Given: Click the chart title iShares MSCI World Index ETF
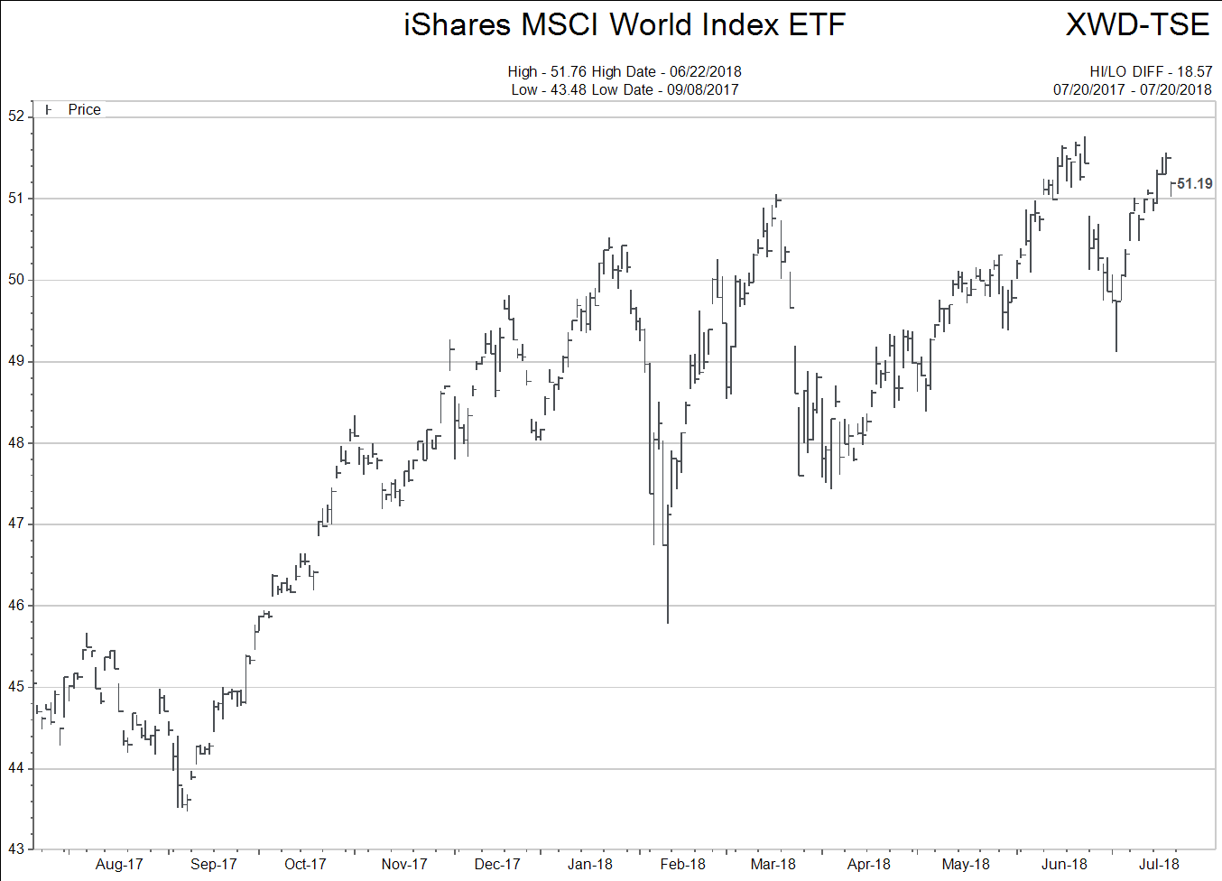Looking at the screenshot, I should coord(624,24).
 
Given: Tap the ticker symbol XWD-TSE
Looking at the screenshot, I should coord(1137,24).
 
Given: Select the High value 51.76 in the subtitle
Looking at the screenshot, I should coord(569,71).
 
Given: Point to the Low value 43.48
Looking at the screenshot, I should coord(569,89).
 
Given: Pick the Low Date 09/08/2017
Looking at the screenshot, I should coord(702,89).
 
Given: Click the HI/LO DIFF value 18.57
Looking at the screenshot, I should coord(1194,71).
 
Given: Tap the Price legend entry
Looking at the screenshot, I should coord(84,109).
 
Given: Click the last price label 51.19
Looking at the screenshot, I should coord(1194,184).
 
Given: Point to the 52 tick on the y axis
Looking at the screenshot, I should coord(16,116).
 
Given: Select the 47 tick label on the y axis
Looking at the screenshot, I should coord(16,524).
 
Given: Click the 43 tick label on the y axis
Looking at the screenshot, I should coord(16,849).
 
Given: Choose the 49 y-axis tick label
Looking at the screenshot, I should coord(16,361).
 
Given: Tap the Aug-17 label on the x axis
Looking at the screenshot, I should coord(119,864).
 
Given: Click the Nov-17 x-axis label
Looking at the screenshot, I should coord(403,864).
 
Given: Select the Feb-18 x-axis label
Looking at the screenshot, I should coord(682,864).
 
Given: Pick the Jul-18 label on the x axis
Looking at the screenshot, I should coord(1159,864).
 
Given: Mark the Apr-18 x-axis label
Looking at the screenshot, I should coord(868,864).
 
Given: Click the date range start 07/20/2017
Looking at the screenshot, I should coord(1089,89).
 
